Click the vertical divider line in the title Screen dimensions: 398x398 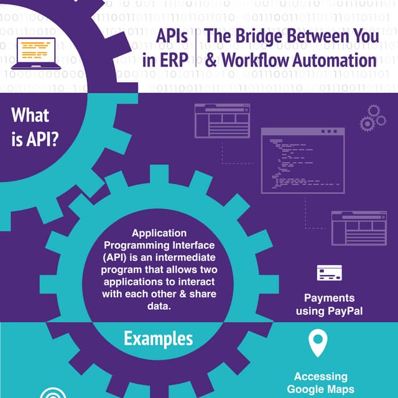tap(196, 49)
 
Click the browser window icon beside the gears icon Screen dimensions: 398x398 tap(222, 120)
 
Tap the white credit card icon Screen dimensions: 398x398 tap(329, 274)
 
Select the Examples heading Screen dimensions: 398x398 tap(158, 339)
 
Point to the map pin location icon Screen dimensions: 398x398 tap(318, 343)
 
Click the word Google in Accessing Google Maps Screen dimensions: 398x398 tap(305, 389)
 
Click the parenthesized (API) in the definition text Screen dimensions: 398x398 tap(116, 256)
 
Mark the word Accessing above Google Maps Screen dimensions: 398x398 tap(320, 377)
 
